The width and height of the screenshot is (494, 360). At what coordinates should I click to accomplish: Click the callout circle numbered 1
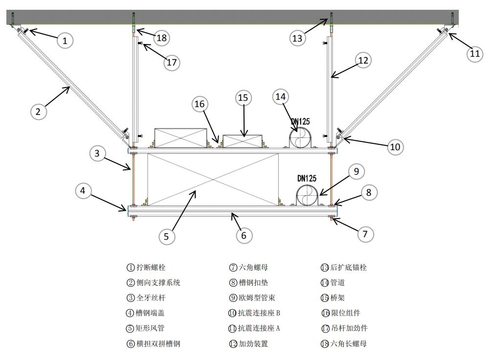65,40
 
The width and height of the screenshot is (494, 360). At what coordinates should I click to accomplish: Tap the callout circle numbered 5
166,236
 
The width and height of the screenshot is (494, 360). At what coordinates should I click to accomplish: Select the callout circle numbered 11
474,53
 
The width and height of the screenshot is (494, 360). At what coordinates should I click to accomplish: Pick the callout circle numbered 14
281,96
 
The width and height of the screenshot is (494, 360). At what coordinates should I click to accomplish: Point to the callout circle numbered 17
172,62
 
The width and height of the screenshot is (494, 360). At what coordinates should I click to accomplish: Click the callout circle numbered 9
356,171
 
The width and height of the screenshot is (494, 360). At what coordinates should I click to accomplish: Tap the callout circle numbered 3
97,154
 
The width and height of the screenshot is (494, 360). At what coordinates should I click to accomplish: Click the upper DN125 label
300,122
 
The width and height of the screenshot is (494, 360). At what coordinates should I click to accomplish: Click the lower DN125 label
307,179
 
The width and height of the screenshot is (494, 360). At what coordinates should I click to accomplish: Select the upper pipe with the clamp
300,137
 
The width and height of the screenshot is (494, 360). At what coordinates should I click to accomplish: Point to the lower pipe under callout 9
308,195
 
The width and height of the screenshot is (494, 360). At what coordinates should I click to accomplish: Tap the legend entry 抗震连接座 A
259,328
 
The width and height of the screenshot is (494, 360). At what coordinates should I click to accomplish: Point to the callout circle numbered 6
244,235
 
